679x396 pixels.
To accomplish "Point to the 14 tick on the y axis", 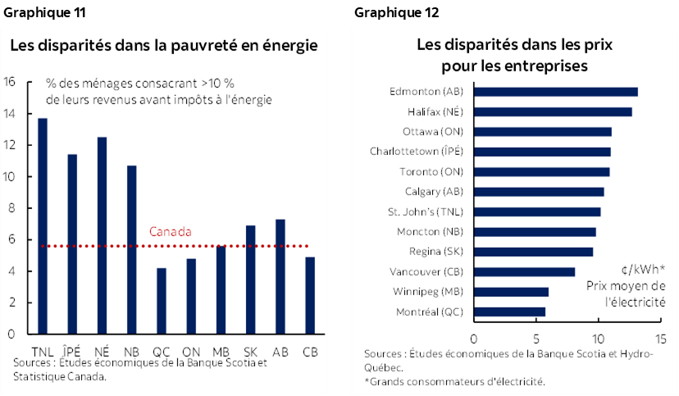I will point(10,113).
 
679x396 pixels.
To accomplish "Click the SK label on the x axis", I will point(250,352).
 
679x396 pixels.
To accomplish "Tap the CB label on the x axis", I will point(310,352).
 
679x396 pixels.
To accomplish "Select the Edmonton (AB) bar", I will point(556,92).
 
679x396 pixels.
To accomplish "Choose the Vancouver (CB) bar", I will point(525,271).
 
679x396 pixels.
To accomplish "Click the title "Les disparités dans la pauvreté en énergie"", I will point(163,46).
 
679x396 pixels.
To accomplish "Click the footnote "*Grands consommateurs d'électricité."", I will point(455,381).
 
